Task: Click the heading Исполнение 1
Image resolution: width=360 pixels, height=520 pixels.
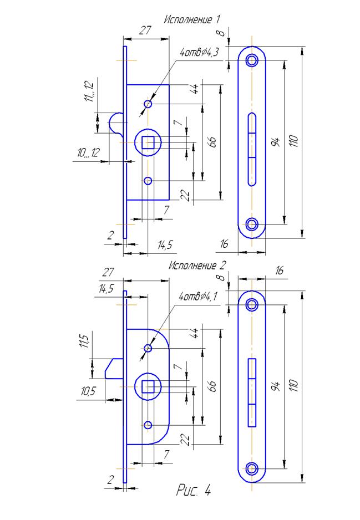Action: click(x=191, y=19)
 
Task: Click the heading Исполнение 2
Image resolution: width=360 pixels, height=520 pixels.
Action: click(x=197, y=266)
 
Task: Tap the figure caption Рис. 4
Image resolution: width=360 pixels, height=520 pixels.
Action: click(x=194, y=490)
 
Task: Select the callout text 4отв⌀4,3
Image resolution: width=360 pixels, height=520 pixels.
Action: click(x=199, y=53)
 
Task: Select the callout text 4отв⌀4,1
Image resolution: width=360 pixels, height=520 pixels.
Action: click(x=198, y=296)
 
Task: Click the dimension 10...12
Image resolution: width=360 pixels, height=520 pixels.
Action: click(x=88, y=153)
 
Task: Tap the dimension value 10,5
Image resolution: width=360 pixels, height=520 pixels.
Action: click(x=88, y=391)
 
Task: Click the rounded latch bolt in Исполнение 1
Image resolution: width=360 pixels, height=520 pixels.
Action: click(x=115, y=124)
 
